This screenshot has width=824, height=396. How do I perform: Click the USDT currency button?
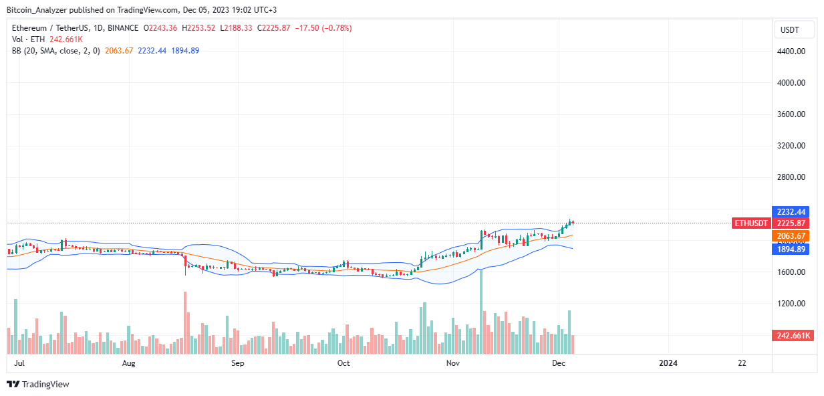pos(794,30)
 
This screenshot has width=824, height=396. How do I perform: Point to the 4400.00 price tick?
pos(791,52)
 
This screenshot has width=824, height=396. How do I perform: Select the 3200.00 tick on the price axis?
pos(791,146)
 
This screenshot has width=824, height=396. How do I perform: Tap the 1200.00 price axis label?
pos(791,304)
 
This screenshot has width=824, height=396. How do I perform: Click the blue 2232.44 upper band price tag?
pos(791,212)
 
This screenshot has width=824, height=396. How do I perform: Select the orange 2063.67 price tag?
pos(791,235)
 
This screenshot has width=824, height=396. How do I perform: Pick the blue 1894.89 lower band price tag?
pos(791,250)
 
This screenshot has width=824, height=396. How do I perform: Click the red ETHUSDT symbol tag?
pos(751,223)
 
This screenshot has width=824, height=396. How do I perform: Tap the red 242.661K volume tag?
pos(793,336)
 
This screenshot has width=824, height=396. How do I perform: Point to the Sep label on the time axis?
pos(238,363)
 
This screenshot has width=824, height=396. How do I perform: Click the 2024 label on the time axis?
pos(668,363)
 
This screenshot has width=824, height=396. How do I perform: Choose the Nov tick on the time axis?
pos(453,363)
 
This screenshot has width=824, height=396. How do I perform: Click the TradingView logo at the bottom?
pos(38,384)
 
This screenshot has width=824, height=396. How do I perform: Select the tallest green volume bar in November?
pos(480,312)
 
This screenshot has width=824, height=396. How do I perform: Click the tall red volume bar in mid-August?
pos(185,322)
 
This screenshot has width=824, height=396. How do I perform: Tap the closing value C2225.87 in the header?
pos(274,28)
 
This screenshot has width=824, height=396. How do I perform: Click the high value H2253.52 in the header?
pos(198,28)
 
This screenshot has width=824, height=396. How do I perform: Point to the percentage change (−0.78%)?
pos(337,28)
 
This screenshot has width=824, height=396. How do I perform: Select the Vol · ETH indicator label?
pos(28,39)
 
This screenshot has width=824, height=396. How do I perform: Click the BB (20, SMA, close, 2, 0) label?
pos(56,51)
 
